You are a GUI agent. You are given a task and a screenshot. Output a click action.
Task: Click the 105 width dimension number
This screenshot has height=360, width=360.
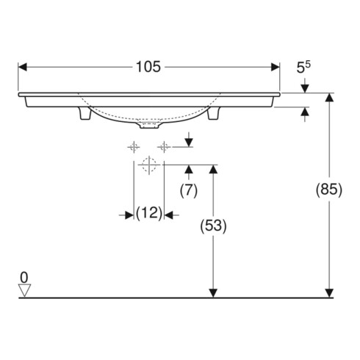click(148, 67)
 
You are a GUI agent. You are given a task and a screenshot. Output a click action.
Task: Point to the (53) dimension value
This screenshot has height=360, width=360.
click(213, 226)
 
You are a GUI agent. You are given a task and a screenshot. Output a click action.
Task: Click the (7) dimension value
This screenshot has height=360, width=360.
click(189, 190)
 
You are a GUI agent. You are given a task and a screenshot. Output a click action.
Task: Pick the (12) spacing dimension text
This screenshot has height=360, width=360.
click(149, 215)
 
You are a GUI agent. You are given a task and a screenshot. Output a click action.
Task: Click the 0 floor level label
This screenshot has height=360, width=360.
click(24, 277)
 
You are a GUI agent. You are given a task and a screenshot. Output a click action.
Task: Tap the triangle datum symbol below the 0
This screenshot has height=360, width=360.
click(24, 291)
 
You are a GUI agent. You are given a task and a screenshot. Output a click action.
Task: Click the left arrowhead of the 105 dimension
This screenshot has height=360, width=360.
click(23, 67)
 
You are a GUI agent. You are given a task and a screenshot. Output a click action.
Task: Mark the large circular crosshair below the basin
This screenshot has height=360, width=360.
click(149, 165)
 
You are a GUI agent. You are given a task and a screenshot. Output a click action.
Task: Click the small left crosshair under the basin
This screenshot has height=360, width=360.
click(134, 148)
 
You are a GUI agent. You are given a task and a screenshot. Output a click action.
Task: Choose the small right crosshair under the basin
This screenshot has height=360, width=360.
click(163, 148)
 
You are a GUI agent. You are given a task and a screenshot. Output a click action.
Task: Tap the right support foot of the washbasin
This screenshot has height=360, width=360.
click(213, 116)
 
